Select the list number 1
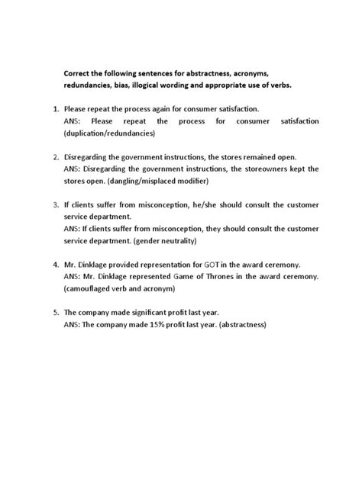[x=56, y=109]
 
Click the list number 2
[x=56, y=157]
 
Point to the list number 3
[x=56, y=205]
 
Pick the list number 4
[x=56, y=264]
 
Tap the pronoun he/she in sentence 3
[x=186, y=205]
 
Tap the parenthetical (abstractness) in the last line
[x=236, y=324]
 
